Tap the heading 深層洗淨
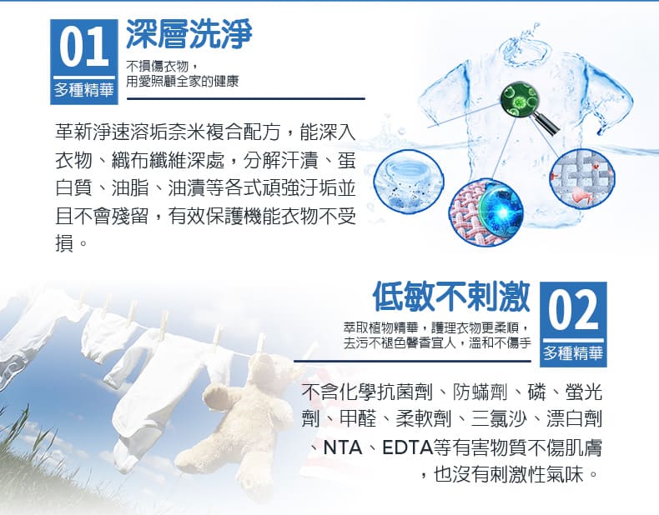coord(189,33)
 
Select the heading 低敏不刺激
coord(451,297)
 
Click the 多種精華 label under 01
coord(83,89)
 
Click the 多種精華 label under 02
coord(573,353)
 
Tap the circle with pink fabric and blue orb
coord(486,212)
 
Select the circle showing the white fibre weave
coord(582,178)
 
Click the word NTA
coord(343,447)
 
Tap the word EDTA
coord(408,447)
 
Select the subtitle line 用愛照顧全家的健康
coord(183,81)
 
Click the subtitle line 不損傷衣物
coord(157,66)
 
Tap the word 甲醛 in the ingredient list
coord(358,419)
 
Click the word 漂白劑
coord(574,419)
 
